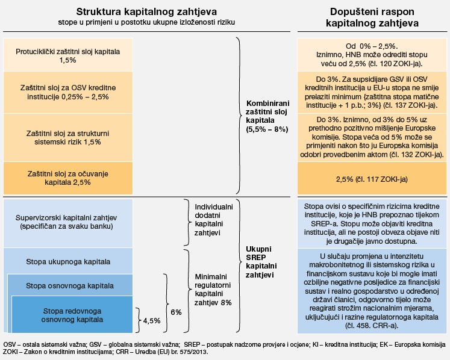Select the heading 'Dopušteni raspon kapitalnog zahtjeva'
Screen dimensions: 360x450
(x=372, y=17)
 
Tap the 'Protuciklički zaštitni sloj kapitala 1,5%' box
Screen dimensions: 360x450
(x=68, y=56)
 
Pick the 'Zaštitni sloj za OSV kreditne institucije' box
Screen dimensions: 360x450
(x=68, y=93)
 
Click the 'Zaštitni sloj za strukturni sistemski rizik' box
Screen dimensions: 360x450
(x=68, y=137)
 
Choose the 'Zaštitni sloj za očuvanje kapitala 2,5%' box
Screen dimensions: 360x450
(x=68, y=178)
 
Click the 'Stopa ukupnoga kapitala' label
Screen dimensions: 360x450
(x=68, y=262)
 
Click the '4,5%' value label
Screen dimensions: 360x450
(x=152, y=321)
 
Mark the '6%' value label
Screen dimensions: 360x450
(x=176, y=312)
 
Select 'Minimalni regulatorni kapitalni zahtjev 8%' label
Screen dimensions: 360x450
(x=213, y=290)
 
